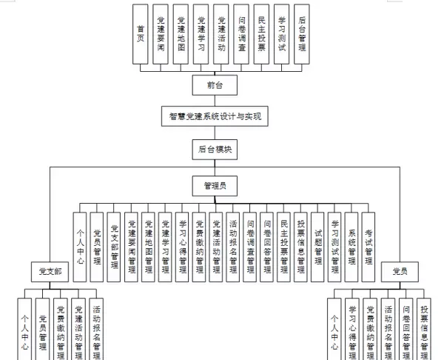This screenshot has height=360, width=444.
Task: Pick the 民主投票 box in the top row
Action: click(x=261, y=33)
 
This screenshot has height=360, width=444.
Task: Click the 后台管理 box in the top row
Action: click(x=301, y=33)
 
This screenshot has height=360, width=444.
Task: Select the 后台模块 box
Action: click(x=215, y=149)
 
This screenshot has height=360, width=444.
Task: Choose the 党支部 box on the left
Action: click(x=50, y=272)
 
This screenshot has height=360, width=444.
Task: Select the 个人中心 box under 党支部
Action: click(x=25, y=330)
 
